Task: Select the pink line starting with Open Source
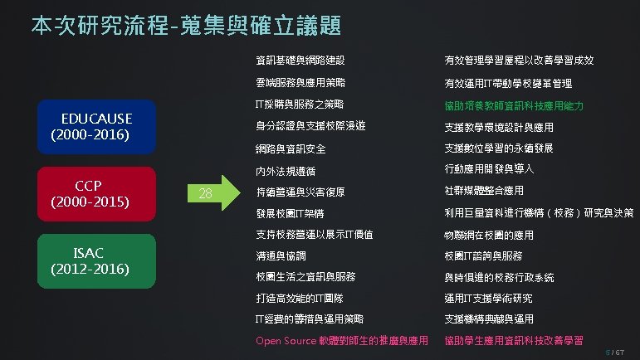click(x=341, y=341)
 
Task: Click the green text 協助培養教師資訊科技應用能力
click(x=514, y=106)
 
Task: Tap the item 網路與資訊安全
click(x=291, y=149)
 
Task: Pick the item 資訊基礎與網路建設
click(x=300, y=61)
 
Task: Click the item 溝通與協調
click(x=279, y=255)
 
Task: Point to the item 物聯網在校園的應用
click(x=493, y=235)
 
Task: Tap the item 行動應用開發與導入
click(x=488, y=170)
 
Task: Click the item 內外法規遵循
click(x=284, y=172)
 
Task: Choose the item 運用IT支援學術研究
click(x=488, y=298)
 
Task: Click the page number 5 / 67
click(x=622, y=353)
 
